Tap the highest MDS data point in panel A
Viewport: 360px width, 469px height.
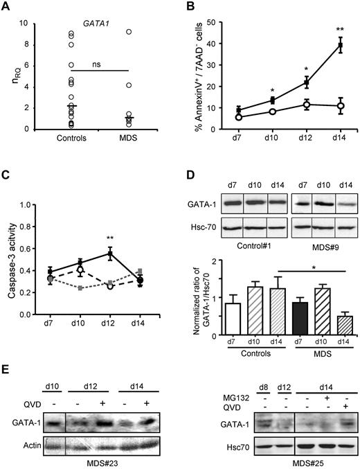129,32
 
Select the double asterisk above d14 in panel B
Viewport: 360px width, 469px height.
339,30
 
